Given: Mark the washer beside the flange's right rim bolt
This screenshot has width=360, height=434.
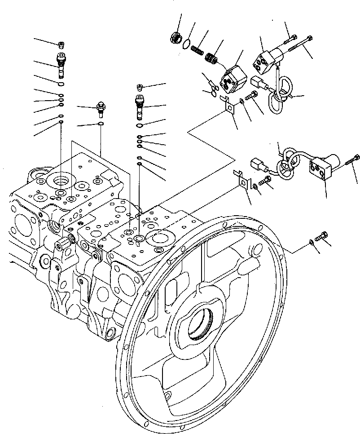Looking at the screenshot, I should click(x=312, y=243).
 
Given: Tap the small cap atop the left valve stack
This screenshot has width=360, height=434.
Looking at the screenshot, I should click(x=61, y=44).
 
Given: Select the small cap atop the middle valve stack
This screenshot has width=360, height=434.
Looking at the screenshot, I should click(x=140, y=86).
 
